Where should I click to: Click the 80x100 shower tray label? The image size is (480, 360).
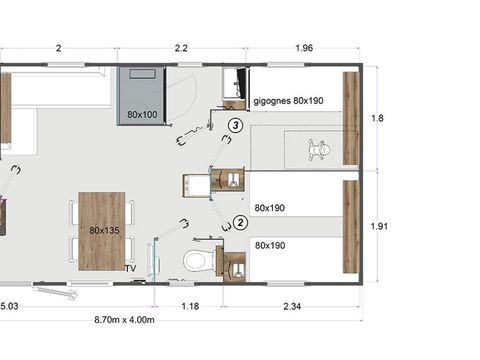point(142,115)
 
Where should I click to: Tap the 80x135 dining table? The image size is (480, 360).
point(102,230)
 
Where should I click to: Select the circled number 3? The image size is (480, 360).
point(234,125)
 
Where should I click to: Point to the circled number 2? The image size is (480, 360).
point(240,223)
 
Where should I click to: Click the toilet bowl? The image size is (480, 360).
point(198,261)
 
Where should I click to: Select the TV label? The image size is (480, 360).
point(130,269)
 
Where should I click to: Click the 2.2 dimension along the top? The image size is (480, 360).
point(181,48)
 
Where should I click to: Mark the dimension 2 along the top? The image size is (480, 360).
point(59,48)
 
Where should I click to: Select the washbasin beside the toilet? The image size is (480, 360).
point(235,266)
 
